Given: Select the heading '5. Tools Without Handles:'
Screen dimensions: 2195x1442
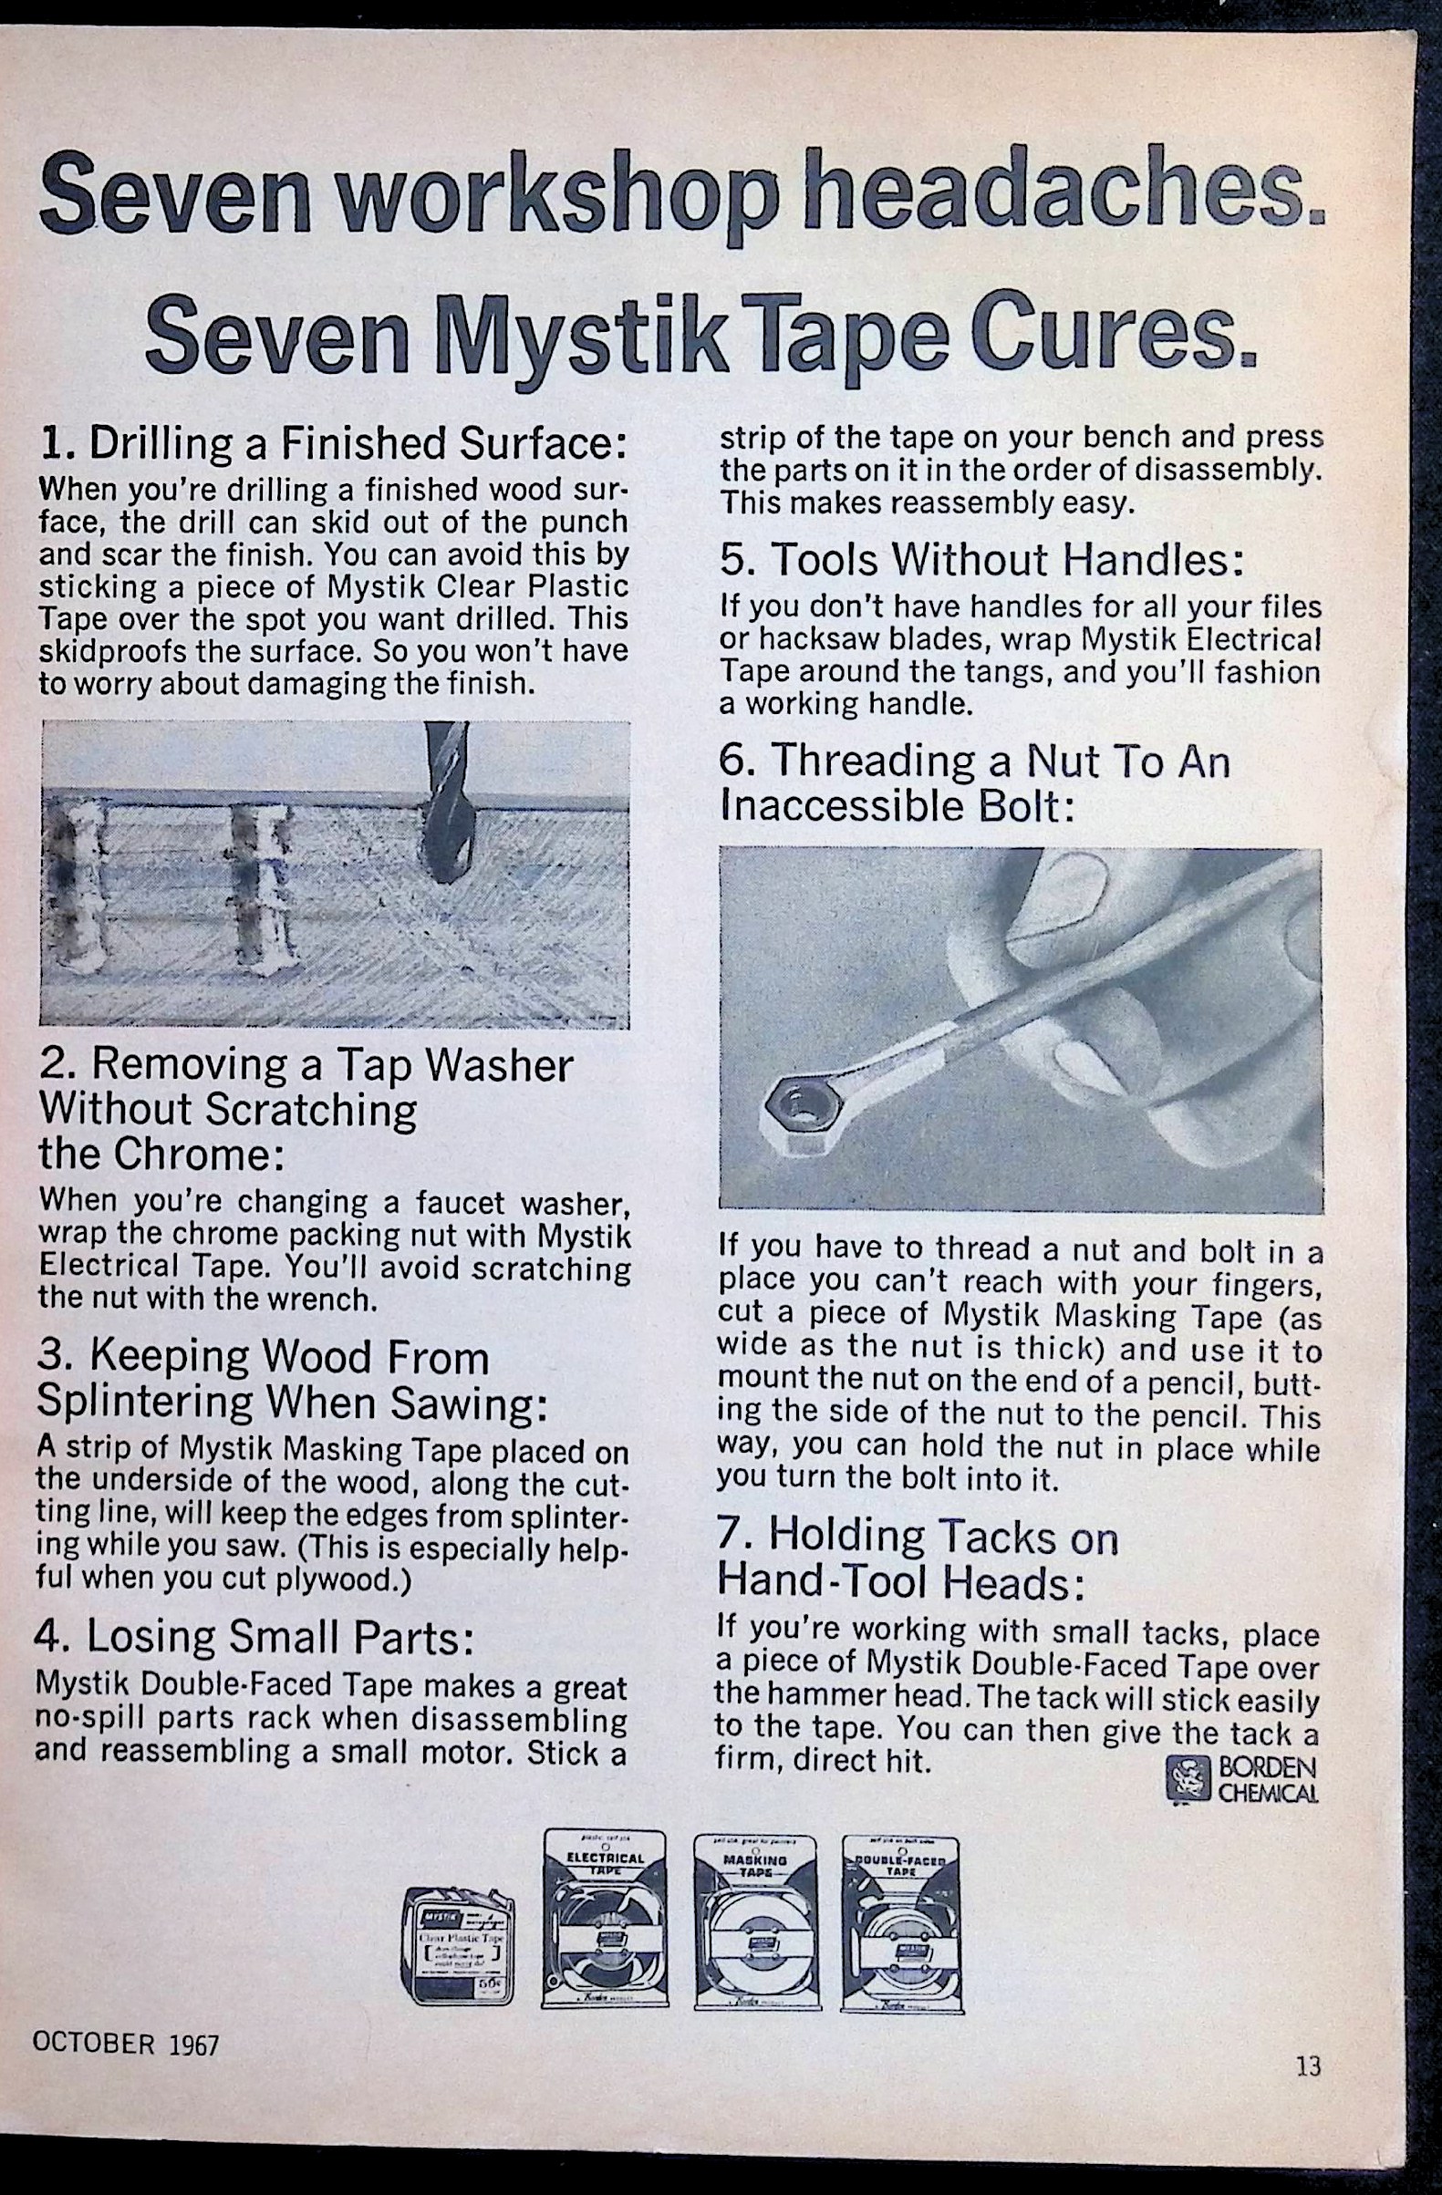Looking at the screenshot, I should [x=981, y=559].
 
